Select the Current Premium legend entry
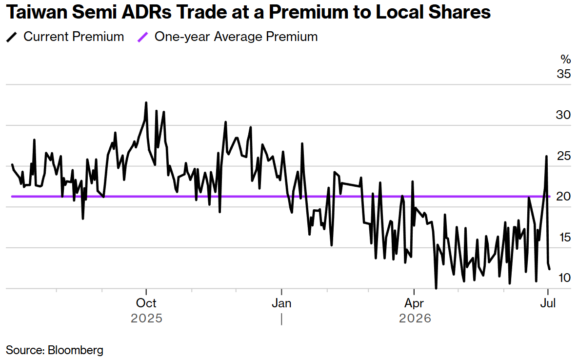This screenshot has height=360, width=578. click(x=65, y=37)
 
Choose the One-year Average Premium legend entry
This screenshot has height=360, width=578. click(x=227, y=37)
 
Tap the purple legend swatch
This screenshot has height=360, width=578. click(x=142, y=37)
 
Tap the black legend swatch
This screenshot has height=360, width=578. click(x=12, y=37)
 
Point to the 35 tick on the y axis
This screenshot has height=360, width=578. click(x=564, y=74)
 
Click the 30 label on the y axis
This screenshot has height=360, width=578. click(x=564, y=115)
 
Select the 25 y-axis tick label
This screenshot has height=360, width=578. click(x=564, y=156)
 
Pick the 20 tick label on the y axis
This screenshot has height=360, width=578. click(x=564, y=197)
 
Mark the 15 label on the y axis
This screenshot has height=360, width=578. click(x=564, y=237)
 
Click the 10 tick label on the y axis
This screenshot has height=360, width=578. click(x=564, y=278)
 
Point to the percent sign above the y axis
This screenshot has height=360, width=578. click(x=566, y=60)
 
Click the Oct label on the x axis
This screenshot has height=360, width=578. click(x=146, y=303)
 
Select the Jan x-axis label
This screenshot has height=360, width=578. click(x=281, y=303)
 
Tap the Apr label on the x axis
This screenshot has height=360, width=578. click(x=414, y=303)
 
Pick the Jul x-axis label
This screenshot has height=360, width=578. click(x=548, y=303)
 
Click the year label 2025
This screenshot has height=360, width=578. click(x=146, y=319)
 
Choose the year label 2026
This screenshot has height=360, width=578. click(x=415, y=319)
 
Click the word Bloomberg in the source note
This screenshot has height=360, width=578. click(x=76, y=350)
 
